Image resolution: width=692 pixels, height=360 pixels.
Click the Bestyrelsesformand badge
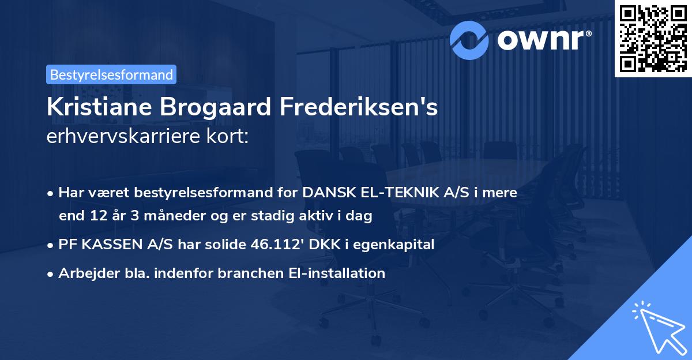tap(111, 74)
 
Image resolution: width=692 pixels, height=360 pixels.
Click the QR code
tap(652, 39)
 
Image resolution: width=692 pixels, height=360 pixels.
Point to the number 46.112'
tap(273, 245)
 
